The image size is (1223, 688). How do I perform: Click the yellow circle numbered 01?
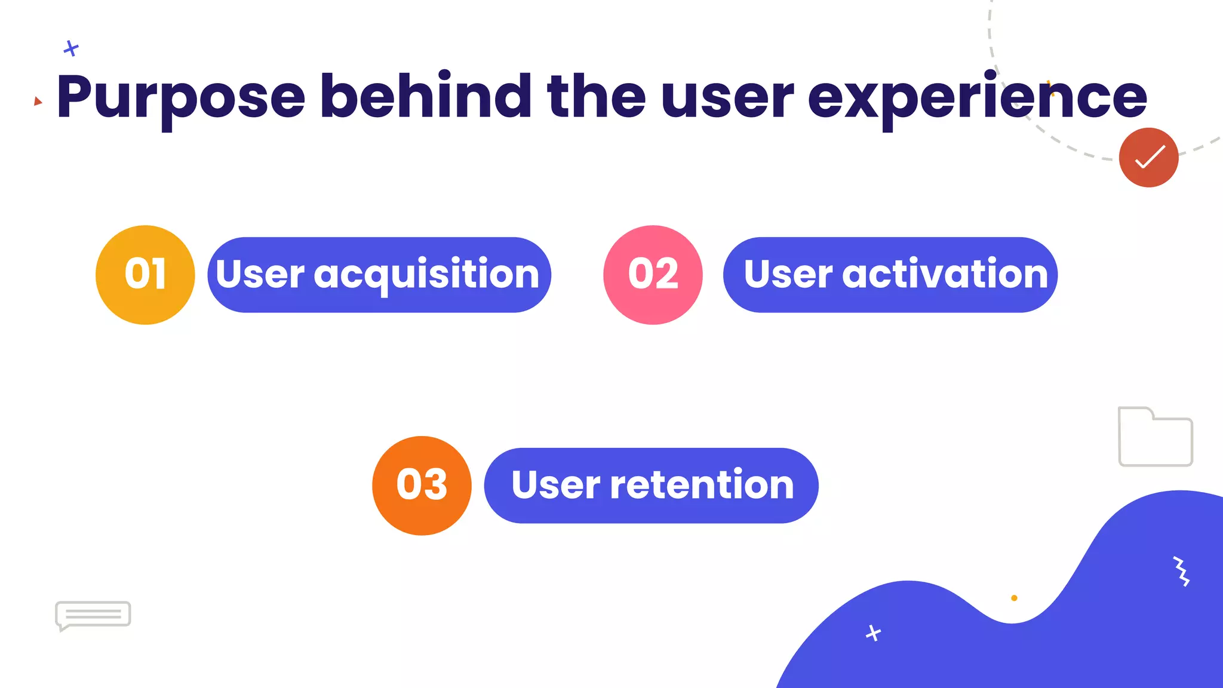(145, 275)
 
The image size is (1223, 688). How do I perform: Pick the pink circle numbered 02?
(653, 275)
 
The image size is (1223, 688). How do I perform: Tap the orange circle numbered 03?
(422, 485)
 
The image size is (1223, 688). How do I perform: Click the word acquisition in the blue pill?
(426, 275)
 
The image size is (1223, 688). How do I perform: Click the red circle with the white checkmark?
(1148, 158)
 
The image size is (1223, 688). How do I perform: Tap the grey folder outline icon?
(1155, 438)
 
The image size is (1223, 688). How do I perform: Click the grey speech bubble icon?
(93, 615)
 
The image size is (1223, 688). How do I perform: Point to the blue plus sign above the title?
(71, 48)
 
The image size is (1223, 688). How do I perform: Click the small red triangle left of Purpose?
(38, 101)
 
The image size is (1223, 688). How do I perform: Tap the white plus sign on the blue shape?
(873, 632)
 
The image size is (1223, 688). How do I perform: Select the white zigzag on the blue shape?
(1181, 572)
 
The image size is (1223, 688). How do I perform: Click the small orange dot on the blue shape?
(1014, 598)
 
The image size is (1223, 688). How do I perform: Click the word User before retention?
(555, 485)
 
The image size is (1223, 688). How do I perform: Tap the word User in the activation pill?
(788, 274)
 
